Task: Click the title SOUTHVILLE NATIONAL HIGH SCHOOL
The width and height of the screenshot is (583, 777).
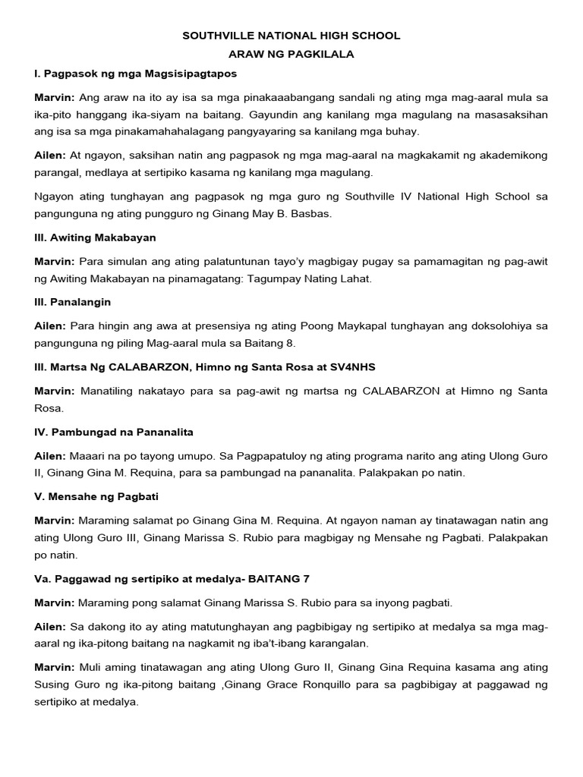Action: coord(291,36)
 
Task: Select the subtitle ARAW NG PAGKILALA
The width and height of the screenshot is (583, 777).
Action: coord(291,55)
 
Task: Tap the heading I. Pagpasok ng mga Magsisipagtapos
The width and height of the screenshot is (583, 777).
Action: coord(135,74)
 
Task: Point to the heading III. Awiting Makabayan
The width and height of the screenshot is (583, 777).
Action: coord(95,238)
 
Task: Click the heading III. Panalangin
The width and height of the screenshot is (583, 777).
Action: coord(73,302)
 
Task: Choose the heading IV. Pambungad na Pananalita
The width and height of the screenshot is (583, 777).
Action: coord(114,432)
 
